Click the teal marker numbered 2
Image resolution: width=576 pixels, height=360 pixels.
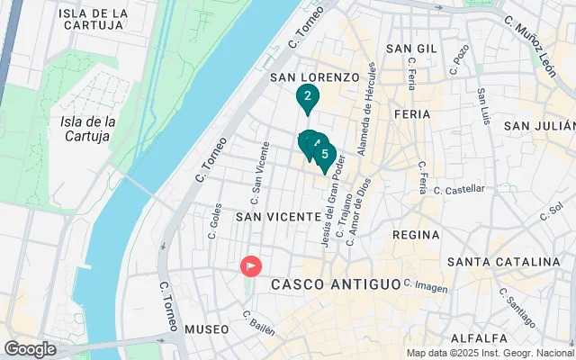click(x=308, y=97)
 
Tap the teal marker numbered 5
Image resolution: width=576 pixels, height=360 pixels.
click(x=325, y=155)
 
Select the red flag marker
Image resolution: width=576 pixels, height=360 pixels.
click(x=250, y=266)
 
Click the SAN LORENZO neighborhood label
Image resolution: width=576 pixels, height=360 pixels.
click(x=315, y=77)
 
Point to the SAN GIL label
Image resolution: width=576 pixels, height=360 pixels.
click(x=411, y=48)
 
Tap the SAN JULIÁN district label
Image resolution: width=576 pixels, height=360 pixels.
click(x=538, y=126)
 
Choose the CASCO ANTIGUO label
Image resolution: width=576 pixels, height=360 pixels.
click(x=336, y=283)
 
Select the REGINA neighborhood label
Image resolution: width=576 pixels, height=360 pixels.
click(x=416, y=234)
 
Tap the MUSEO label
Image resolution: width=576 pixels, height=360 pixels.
click(x=207, y=329)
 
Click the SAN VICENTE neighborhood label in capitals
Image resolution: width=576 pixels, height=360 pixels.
click(x=278, y=217)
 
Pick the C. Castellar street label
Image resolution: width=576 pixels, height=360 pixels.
click(x=459, y=190)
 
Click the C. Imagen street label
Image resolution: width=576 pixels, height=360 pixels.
click(x=426, y=285)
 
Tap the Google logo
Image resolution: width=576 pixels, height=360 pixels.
click(x=30, y=349)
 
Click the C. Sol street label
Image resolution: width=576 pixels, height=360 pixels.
click(x=550, y=212)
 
